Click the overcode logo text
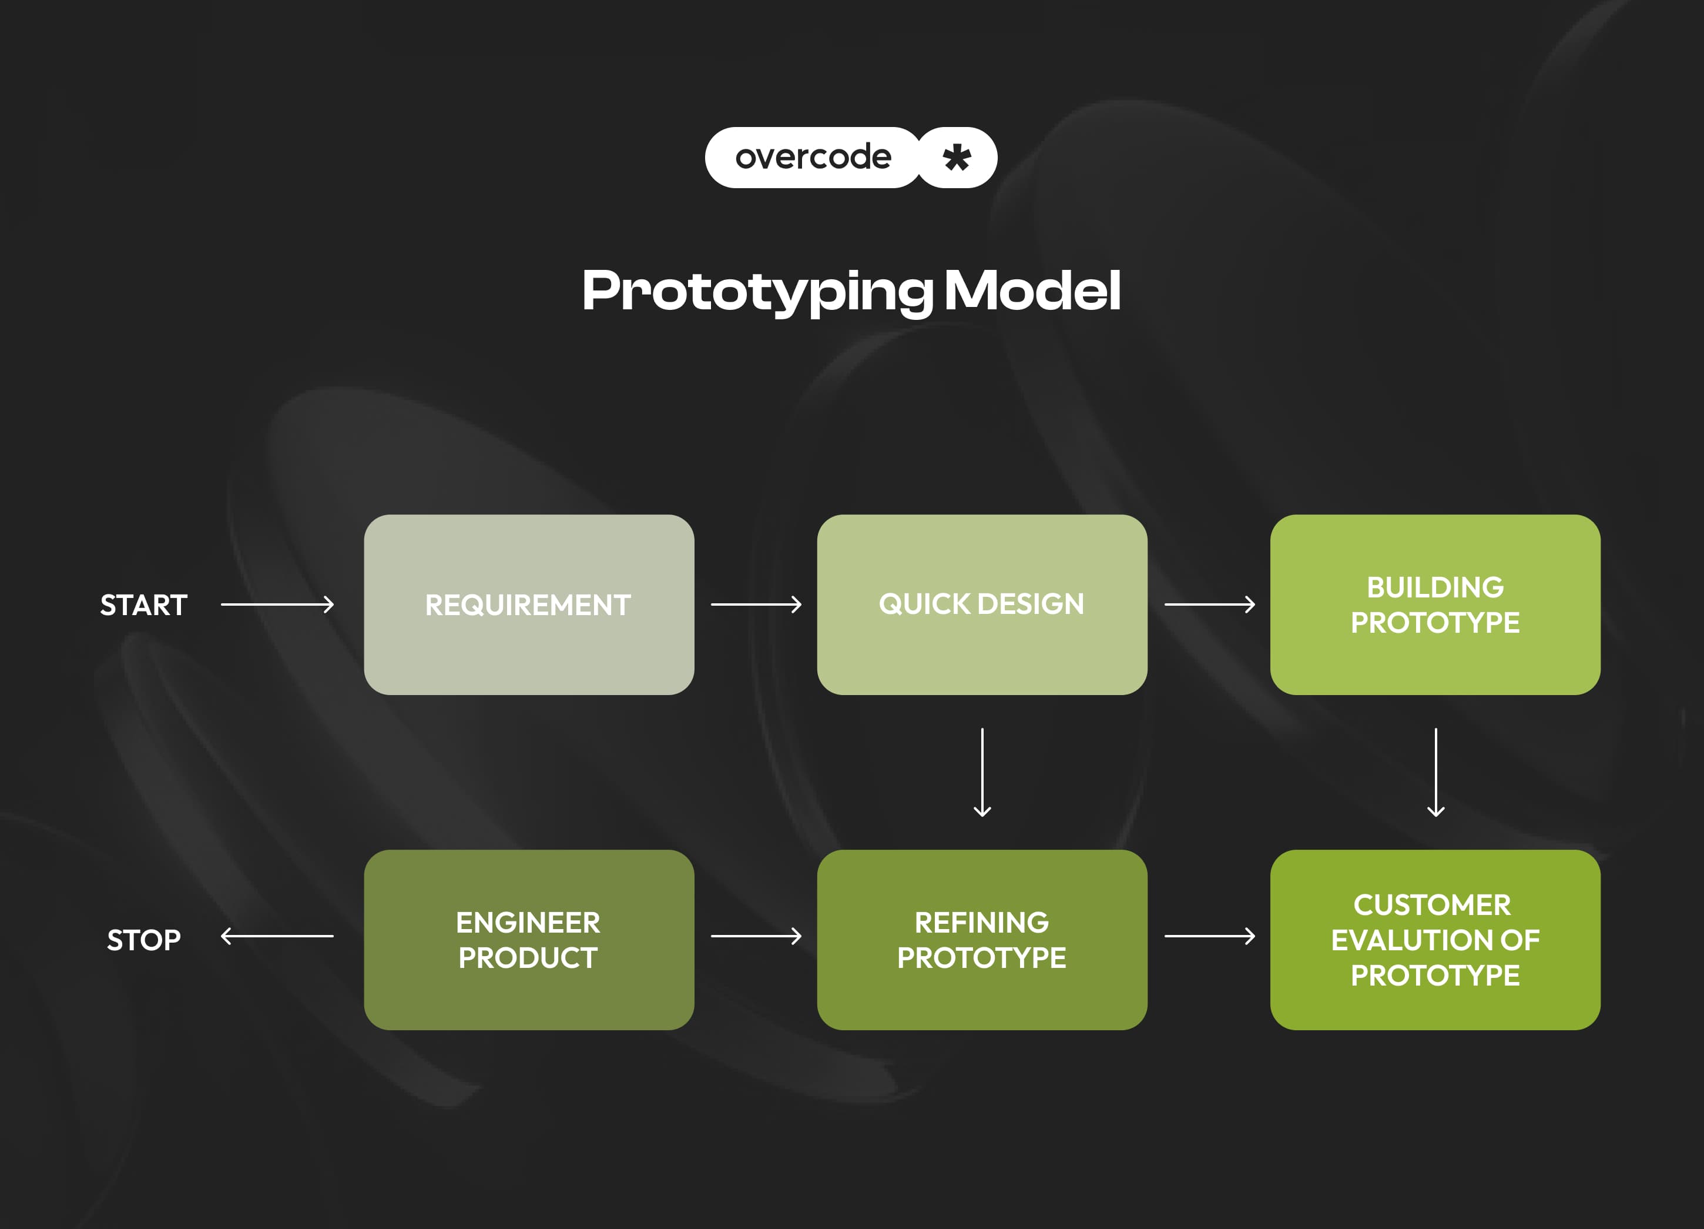coord(813,157)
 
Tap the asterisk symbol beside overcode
coord(957,158)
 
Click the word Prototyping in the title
coord(757,291)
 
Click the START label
coord(143,605)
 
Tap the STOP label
coord(143,940)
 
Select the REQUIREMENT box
coord(529,605)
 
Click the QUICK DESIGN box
coord(982,605)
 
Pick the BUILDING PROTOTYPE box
coord(1435,605)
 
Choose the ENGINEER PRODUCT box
coord(529,940)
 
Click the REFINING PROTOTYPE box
coord(982,940)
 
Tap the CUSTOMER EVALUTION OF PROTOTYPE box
coord(1435,940)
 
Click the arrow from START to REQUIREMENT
coord(277,605)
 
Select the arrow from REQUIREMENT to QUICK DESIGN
coord(756,605)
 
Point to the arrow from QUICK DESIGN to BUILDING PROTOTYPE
coord(1210,605)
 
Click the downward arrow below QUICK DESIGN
coord(982,772)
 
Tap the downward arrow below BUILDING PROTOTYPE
coord(1436,772)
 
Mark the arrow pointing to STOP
coord(277,936)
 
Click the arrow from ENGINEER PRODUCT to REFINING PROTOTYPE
coord(756,936)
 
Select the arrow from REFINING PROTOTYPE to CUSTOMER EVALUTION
coord(1210,936)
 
